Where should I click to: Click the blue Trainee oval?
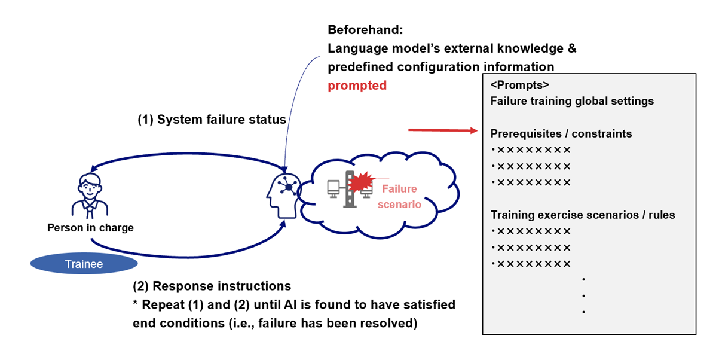pos(84,264)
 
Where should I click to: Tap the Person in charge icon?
pos(90,195)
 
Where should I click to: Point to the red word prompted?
pos(357,86)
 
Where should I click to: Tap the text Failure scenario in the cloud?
pos(399,196)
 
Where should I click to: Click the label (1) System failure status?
pos(212,120)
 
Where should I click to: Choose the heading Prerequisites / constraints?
pos(561,133)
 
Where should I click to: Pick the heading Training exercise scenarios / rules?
pos(583,215)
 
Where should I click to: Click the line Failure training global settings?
pos(572,101)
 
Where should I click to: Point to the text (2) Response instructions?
pos(212,286)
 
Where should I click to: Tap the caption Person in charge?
pos(90,227)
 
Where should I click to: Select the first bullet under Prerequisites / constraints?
pos(531,150)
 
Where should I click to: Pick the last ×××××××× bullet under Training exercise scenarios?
pos(531,264)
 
